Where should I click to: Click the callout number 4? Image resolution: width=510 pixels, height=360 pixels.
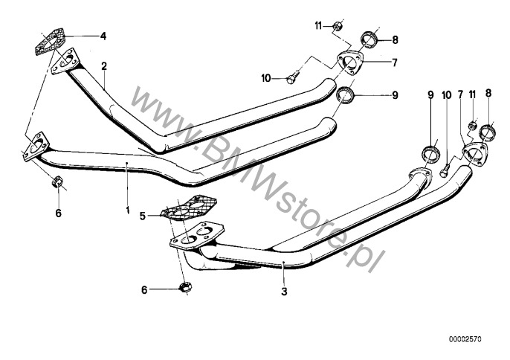103,36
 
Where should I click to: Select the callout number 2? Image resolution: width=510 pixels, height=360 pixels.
104,66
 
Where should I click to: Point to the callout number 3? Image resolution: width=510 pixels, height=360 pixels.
284,292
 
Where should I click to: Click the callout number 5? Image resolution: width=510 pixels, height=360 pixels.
143,216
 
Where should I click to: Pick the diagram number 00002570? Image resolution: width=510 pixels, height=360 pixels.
465,339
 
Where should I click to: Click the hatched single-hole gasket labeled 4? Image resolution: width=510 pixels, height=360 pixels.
50,42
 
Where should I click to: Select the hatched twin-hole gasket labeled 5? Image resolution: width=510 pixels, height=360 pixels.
189,208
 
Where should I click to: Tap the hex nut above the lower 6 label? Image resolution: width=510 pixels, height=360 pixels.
185,287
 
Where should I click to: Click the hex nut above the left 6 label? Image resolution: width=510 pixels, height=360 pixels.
57,181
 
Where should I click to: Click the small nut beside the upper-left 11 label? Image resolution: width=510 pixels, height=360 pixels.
337,26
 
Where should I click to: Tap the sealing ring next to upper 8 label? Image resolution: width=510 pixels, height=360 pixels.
369,39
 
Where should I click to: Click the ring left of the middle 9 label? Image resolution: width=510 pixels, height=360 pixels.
344,94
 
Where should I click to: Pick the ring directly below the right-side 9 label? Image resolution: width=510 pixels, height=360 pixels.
431,154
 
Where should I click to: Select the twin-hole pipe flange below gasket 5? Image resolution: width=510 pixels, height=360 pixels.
197,236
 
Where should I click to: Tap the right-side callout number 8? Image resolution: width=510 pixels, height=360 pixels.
488,94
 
